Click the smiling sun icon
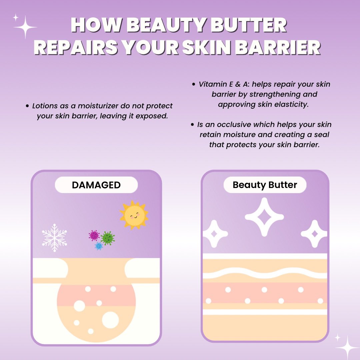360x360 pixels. tap(134, 215)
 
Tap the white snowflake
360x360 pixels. tap(54, 237)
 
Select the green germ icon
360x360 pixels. tap(108, 238)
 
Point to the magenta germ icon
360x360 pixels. tap(94, 235)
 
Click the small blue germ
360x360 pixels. tap(99, 246)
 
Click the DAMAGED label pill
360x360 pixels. tap(96, 185)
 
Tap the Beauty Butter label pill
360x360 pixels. tap(265, 185)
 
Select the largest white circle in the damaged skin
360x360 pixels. tap(110, 320)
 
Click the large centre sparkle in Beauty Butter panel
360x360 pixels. tap(264, 217)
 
